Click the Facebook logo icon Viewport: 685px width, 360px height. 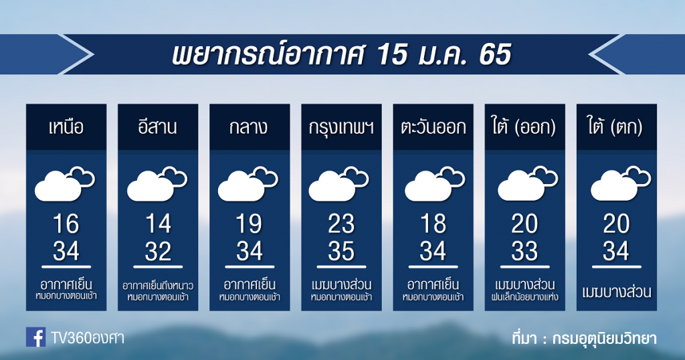[x=36, y=337]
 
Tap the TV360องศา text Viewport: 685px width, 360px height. [x=88, y=338]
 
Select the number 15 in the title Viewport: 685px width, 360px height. [x=391, y=55]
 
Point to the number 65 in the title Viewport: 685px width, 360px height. [x=495, y=55]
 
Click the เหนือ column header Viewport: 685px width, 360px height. [x=66, y=127]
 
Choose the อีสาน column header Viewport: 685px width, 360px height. [x=158, y=126]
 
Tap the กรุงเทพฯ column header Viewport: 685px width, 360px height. [x=341, y=128]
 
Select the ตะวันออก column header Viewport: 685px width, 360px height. [x=433, y=127]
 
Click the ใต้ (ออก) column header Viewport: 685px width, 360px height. [x=524, y=127]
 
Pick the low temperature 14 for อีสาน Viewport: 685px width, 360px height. [x=158, y=223]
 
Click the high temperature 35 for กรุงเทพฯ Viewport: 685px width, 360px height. [x=341, y=251]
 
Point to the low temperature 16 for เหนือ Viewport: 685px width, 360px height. [x=66, y=223]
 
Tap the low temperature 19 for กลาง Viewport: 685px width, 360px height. [x=250, y=223]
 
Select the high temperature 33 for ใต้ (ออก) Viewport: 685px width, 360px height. [x=524, y=251]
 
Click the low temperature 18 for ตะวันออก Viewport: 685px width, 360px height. [x=433, y=223]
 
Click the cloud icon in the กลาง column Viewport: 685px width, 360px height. [x=248, y=184]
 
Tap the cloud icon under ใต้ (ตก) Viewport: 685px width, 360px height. [x=621, y=183]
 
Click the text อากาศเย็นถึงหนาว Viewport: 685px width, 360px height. [x=158, y=286]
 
